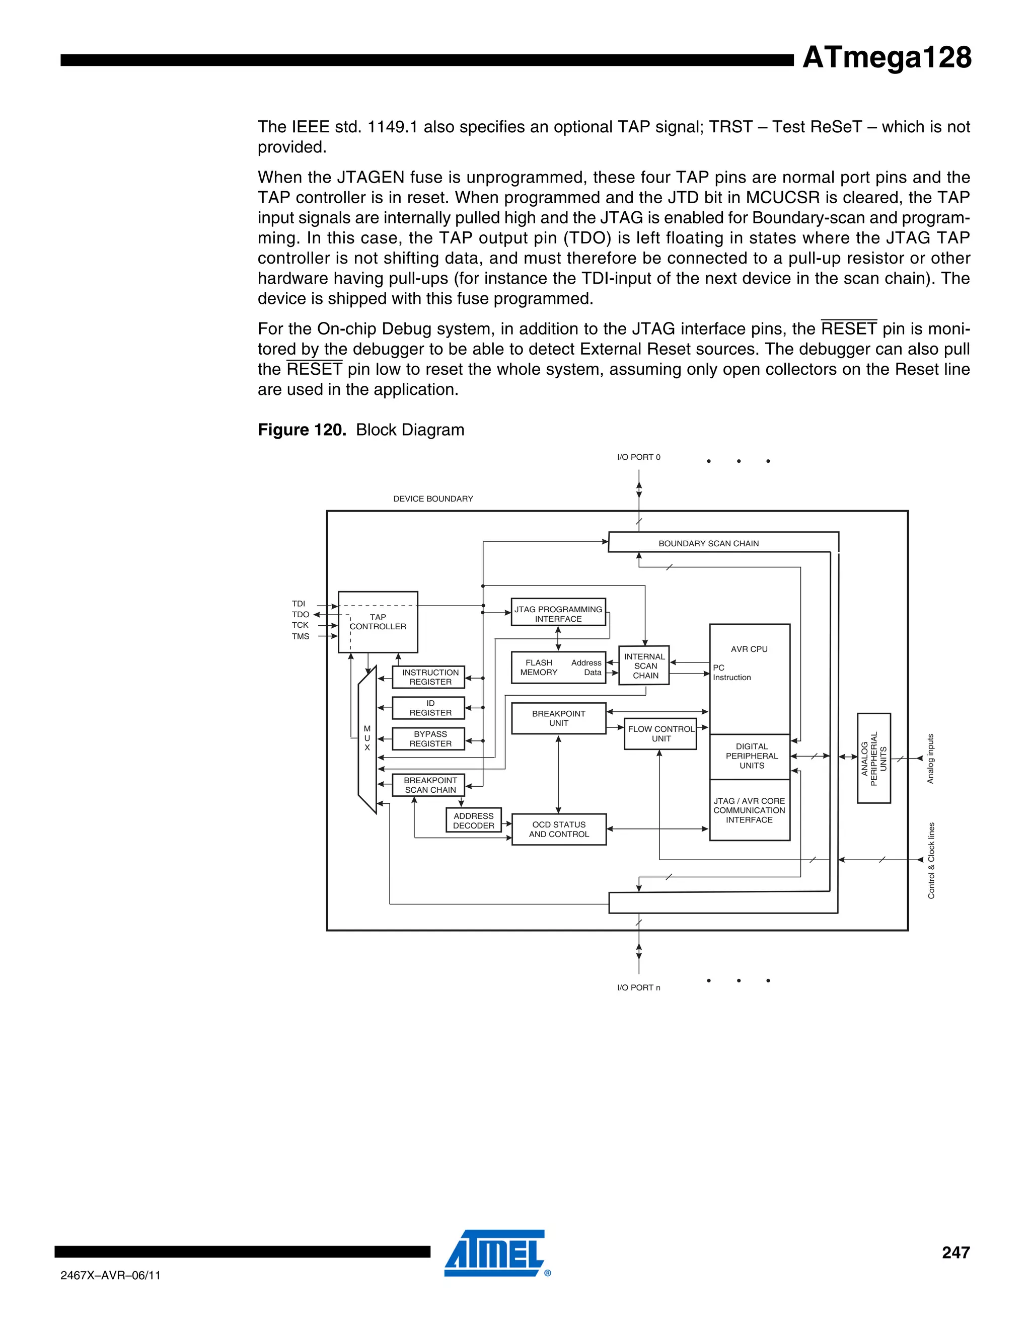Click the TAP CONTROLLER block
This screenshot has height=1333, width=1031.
378,622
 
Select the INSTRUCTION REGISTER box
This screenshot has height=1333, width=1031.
430,677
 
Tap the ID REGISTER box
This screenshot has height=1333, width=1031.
430,708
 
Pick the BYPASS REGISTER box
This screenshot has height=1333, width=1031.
430,738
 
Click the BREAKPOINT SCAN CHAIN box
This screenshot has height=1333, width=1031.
430,785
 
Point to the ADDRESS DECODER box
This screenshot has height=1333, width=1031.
473,820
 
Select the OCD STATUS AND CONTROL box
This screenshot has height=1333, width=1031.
558,829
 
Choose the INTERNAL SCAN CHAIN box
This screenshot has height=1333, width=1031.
644,665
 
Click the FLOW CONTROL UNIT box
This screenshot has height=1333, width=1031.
660,733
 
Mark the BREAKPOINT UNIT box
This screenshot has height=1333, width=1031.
558,718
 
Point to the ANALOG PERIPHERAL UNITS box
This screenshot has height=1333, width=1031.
873,758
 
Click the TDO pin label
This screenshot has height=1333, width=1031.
301,615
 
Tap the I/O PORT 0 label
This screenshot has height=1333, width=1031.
638,457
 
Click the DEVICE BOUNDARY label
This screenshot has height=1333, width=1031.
433,498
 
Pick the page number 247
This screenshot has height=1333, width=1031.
955,1253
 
